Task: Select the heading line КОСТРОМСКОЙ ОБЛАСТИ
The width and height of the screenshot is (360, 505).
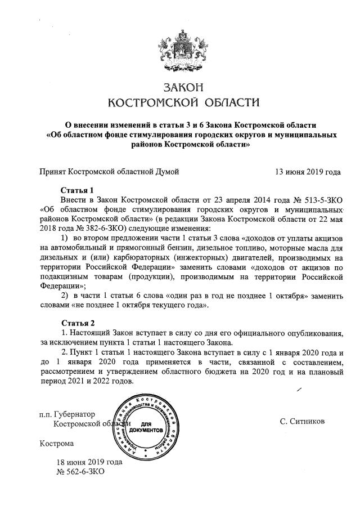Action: coord(183,102)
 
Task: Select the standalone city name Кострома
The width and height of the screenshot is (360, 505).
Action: coord(56,443)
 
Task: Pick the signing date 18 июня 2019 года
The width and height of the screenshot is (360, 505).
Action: coord(89,462)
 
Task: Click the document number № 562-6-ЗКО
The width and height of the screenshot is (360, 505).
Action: coord(81,471)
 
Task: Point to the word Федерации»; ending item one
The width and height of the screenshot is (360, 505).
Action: coord(61,285)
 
